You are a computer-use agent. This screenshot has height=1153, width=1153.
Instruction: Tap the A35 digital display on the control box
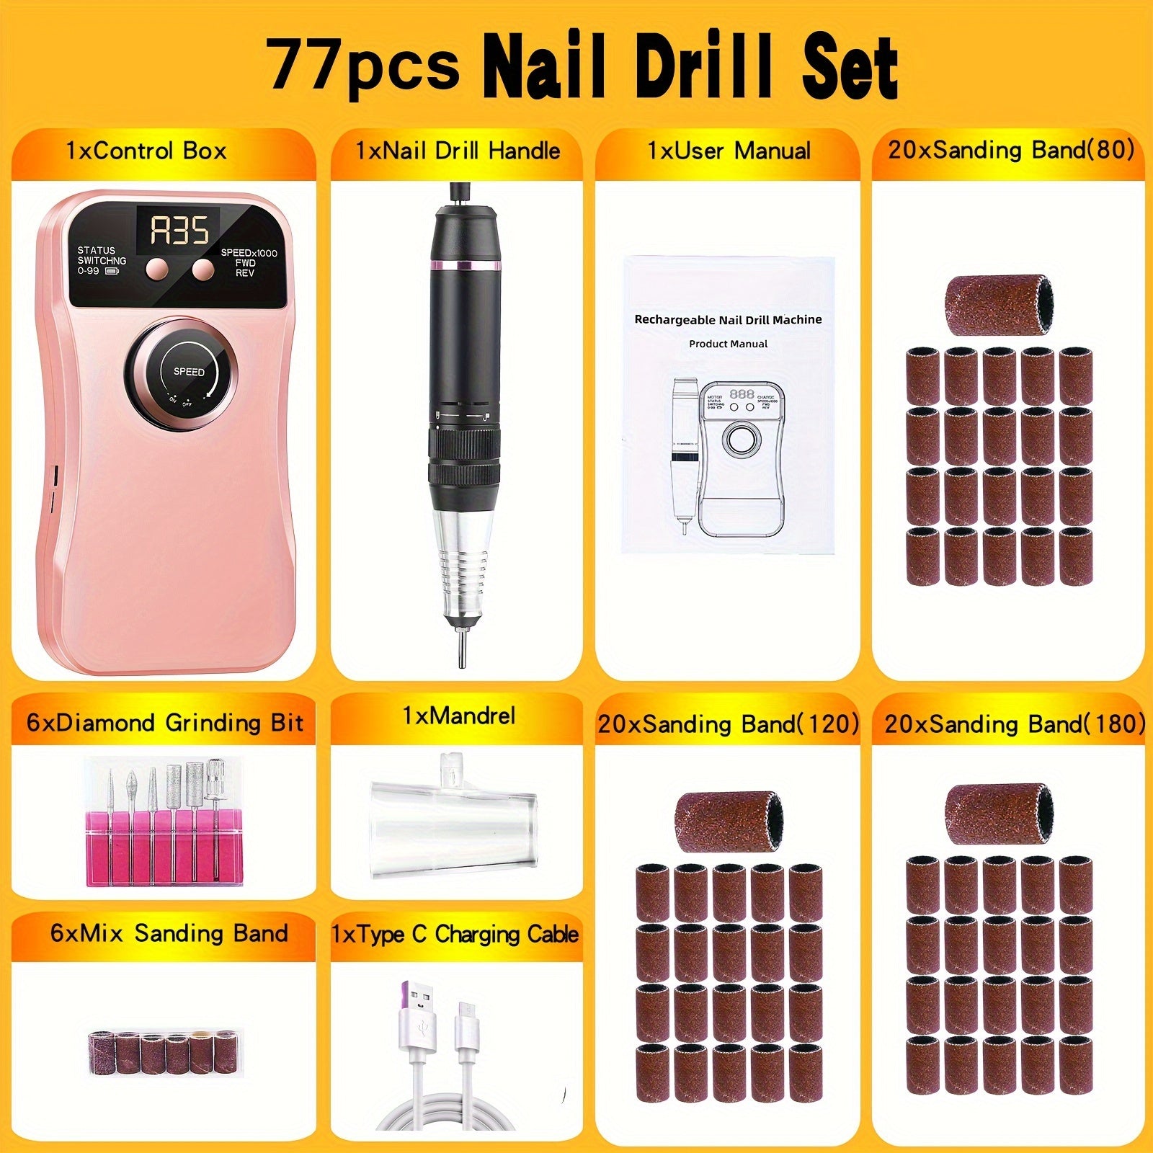click(179, 230)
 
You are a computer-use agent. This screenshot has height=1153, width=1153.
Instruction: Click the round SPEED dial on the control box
click(188, 372)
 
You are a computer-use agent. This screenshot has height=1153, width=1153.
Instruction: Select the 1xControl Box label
click(146, 151)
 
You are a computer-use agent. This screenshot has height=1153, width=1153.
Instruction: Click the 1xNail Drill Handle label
click(458, 151)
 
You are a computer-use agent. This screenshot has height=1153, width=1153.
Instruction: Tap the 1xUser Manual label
click(729, 151)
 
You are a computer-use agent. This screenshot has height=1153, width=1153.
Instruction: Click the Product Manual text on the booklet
click(728, 344)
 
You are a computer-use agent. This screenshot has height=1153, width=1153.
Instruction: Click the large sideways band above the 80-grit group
click(1000, 295)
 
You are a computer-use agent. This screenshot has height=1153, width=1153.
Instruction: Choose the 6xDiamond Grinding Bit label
click(165, 723)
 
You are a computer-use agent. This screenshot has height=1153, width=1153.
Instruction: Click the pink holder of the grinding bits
click(164, 849)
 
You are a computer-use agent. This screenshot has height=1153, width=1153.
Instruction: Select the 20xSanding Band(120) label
click(729, 724)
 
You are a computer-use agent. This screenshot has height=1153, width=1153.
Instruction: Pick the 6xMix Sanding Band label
click(169, 934)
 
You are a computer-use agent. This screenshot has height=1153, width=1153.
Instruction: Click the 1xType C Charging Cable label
click(455, 935)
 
